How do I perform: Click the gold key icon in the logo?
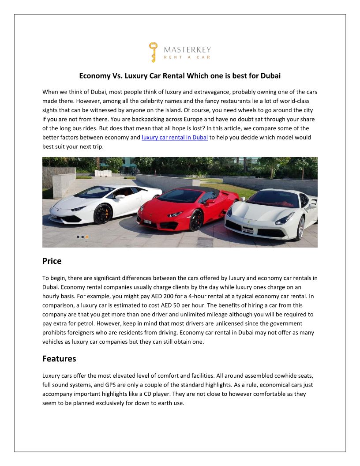coord(153,52)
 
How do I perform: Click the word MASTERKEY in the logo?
coord(187,49)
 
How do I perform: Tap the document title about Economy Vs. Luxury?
coord(180,75)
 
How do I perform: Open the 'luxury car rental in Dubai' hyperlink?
coord(175,137)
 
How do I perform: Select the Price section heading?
coord(52,261)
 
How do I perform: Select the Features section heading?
coord(59,359)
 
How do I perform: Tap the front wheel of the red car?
coord(196,219)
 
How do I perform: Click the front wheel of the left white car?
coord(102,214)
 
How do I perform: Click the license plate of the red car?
coord(147,222)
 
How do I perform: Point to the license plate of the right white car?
coord(248,230)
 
